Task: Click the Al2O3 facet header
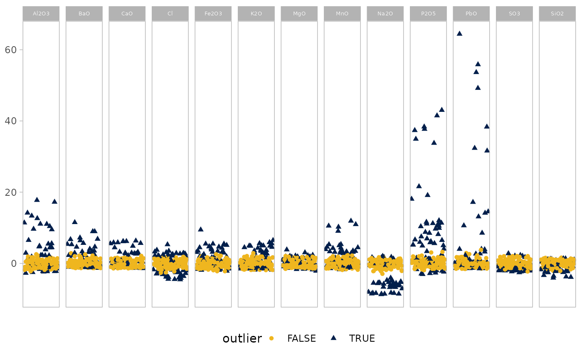41,13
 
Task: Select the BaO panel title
84,13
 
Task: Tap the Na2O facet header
385,13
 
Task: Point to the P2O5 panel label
428,13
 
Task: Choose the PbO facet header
471,13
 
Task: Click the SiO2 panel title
557,13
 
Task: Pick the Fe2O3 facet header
213,13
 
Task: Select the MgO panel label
299,13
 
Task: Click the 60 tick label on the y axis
11,50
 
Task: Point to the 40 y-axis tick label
11,121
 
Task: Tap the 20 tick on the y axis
11,192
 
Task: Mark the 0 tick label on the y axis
14,264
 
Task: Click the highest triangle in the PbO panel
459,33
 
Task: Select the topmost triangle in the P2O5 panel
441,110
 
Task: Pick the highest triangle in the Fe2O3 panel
200,229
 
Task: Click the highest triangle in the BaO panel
74,222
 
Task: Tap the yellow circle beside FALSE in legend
271,338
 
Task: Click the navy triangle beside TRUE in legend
333,338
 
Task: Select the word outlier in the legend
242,338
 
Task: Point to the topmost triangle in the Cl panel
167,244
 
